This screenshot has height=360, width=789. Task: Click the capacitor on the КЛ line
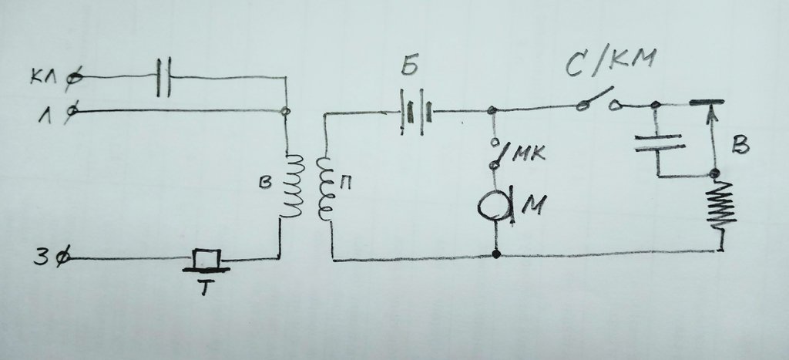pyautogui.click(x=163, y=77)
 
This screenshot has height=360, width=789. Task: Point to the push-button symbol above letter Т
pyautogui.click(x=206, y=261)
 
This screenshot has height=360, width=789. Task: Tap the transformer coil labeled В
pyautogui.click(x=292, y=185)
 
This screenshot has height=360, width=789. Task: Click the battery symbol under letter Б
pyautogui.click(x=416, y=112)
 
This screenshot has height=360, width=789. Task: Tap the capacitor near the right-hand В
pyautogui.click(x=660, y=142)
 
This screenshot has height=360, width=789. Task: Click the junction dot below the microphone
pyautogui.click(x=497, y=254)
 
